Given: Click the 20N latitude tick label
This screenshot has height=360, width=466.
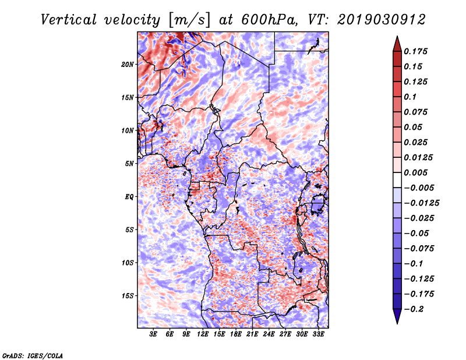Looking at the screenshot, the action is [128, 65].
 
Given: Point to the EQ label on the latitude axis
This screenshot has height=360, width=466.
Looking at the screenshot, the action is [129, 197].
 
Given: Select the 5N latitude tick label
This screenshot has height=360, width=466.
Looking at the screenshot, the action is [129, 164].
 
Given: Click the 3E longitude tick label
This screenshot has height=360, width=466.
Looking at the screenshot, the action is [153, 334].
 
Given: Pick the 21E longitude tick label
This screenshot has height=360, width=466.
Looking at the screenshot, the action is [252, 334].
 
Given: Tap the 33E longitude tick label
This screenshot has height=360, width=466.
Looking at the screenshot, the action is [318, 334].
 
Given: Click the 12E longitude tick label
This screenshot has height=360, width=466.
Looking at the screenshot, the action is [203, 334].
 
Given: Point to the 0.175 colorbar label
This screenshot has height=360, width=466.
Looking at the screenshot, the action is [415, 51].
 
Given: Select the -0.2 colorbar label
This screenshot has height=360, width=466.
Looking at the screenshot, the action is [414, 309].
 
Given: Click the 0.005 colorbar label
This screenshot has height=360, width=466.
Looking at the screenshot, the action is [415, 172].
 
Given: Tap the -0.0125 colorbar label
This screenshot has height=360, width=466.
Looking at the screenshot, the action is [421, 203].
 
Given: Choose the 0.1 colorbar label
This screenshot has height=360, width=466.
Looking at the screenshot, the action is [410, 97].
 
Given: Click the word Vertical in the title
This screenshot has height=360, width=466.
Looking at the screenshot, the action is [68, 20].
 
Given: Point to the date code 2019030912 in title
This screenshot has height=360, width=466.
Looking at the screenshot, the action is [382, 20].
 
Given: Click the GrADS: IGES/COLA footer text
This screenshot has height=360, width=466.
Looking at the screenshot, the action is [33, 355].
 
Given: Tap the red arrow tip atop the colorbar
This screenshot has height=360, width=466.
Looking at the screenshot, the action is [397, 36].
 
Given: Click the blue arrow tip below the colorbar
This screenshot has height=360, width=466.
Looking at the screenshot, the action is [397, 323].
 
